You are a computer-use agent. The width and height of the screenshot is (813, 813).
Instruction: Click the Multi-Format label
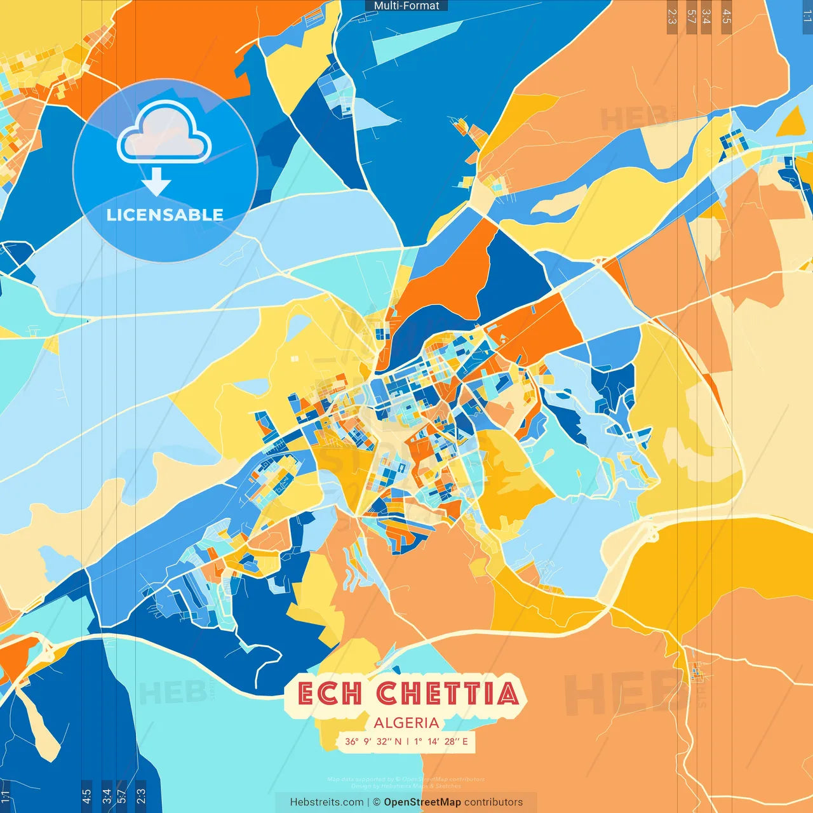(406, 6)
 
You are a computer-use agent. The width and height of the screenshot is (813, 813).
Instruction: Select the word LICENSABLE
(165, 215)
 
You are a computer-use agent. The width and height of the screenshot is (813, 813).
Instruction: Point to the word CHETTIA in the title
(447, 694)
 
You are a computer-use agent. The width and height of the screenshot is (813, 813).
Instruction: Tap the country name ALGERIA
(406, 723)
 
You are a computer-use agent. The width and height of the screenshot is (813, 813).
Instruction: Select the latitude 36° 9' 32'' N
(373, 741)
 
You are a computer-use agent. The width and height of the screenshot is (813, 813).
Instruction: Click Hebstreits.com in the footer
(326, 802)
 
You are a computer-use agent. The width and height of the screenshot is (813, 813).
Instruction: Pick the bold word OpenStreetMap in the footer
(422, 802)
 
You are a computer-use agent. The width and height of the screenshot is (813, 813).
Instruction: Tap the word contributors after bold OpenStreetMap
(494, 802)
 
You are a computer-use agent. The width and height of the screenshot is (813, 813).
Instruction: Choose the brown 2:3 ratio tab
(672, 17)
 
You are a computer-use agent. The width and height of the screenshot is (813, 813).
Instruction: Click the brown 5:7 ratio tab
(691, 17)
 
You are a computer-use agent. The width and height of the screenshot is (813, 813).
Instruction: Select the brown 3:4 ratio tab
(706, 17)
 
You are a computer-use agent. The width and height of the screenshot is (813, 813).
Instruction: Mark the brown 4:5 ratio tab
(727, 17)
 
